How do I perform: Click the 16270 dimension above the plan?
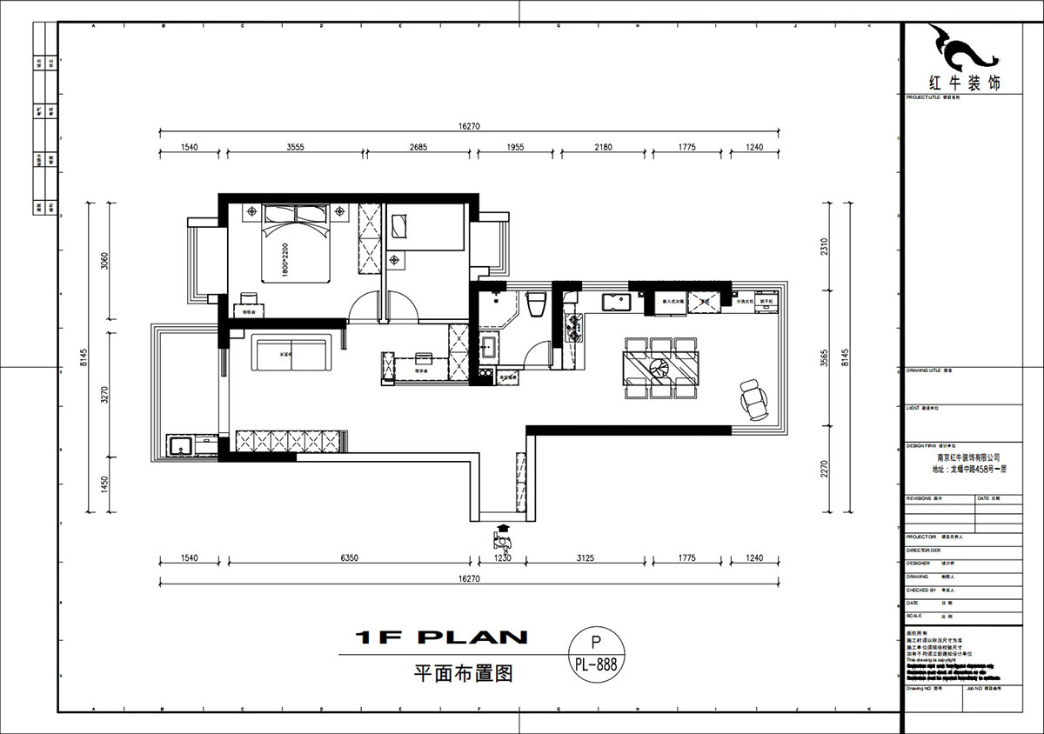[x=469, y=126]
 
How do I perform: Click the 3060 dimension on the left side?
[x=104, y=260]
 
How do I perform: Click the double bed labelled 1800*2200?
[x=296, y=244]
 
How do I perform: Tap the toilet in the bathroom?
[x=536, y=304]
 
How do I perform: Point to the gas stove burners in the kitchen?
[x=573, y=329]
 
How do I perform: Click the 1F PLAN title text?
[x=441, y=637]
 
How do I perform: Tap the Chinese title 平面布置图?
[x=448, y=672]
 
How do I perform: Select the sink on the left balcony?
[x=182, y=446]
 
